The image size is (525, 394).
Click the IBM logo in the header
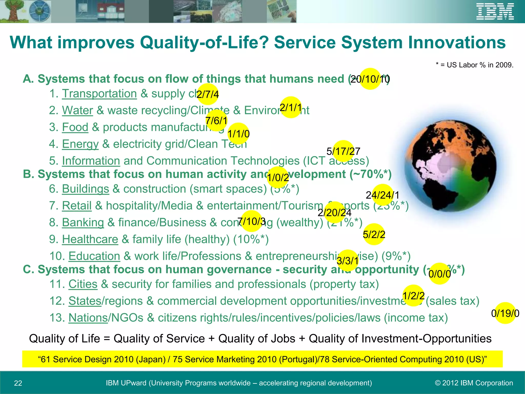[x=495, y=12]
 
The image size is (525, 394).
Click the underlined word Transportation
[x=99, y=94]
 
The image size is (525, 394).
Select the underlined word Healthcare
[x=90, y=239]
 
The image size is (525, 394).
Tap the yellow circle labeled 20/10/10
[x=370, y=79]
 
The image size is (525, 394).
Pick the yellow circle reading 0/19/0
[x=505, y=313]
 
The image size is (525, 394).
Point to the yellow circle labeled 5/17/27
[x=343, y=151]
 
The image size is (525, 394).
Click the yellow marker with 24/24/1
[x=382, y=195]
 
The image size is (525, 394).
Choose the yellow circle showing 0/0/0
[x=439, y=274]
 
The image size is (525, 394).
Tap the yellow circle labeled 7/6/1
[x=216, y=120]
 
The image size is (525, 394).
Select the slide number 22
[x=18, y=383]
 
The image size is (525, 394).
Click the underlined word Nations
[x=88, y=318]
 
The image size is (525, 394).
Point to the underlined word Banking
[x=83, y=222]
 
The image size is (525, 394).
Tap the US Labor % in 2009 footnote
[x=474, y=65]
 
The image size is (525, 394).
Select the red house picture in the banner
[x=110, y=12]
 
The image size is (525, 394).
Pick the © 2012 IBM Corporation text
[x=474, y=383]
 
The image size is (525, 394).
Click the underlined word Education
[x=94, y=256]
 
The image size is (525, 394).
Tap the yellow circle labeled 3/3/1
[x=347, y=261]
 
